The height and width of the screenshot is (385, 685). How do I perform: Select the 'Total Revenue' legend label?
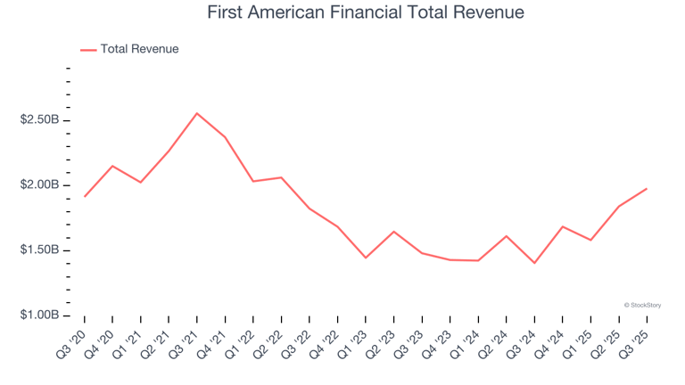point(139,49)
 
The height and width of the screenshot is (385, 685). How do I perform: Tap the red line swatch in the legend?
point(88,50)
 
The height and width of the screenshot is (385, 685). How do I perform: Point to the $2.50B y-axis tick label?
point(39,120)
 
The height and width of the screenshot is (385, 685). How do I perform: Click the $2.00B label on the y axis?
point(39,185)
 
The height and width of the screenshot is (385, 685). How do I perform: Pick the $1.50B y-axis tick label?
point(39,250)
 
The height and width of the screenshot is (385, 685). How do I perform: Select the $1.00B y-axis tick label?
point(39,315)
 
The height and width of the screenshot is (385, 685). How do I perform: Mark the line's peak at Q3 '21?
point(197,113)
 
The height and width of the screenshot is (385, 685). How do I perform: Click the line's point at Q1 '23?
point(366,258)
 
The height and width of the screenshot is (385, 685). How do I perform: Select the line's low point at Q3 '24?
point(534,263)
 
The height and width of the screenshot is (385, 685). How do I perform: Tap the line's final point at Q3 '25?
point(647,188)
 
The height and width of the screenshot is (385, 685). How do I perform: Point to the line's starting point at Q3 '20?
point(85,196)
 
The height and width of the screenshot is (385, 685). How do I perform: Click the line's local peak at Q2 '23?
point(393,232)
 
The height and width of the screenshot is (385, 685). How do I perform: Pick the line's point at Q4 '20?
point(112,166)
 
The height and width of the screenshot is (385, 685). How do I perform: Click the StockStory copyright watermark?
point(642,305)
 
